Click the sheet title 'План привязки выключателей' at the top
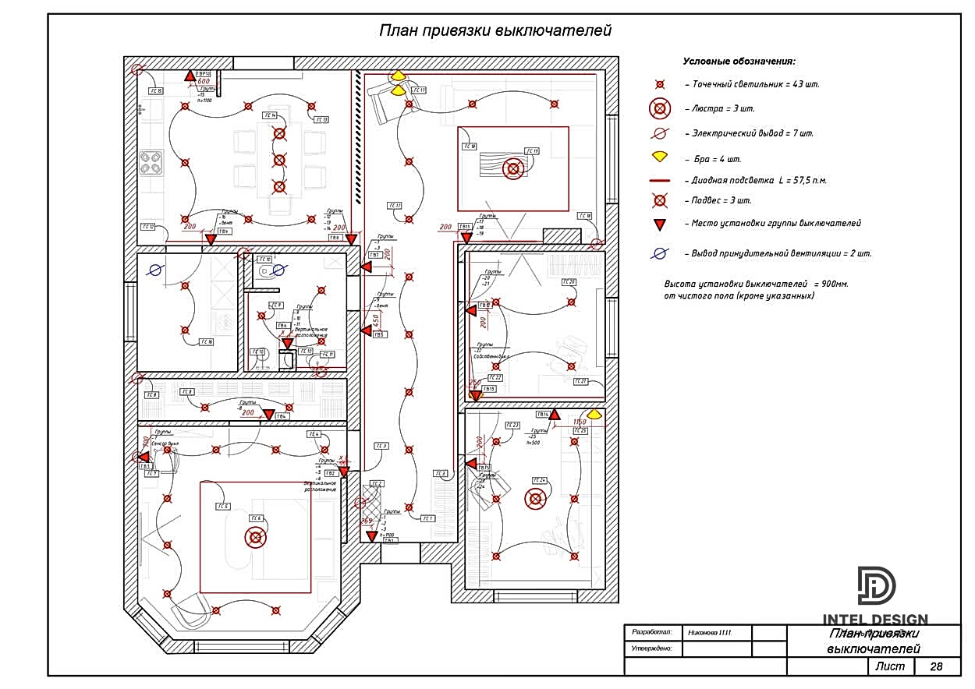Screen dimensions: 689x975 pos(495,31)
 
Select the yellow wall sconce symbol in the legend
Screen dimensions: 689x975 pos(660,157)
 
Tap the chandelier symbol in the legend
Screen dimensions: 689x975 pos(660,108)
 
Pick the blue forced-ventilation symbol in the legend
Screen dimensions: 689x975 pos(660,253)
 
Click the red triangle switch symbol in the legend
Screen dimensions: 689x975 pos(660,224)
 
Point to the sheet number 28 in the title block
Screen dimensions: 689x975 pos(936,666)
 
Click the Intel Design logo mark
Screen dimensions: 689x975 pos(877,585)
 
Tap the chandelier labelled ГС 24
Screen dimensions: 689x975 pos(535,498)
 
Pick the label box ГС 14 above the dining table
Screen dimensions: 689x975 pos(269,115)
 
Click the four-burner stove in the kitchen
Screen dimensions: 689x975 pos(151,163)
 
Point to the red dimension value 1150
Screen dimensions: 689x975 pos(580,422)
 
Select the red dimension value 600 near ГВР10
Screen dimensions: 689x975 pos(204,81)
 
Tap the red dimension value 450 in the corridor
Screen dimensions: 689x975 pos(375,320)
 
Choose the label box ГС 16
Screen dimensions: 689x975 pos(206,341)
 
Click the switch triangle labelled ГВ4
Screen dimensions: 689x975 pos(269,415)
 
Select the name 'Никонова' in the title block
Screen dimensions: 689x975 pos(708,632)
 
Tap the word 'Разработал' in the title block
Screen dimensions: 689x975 pos(652,632)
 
